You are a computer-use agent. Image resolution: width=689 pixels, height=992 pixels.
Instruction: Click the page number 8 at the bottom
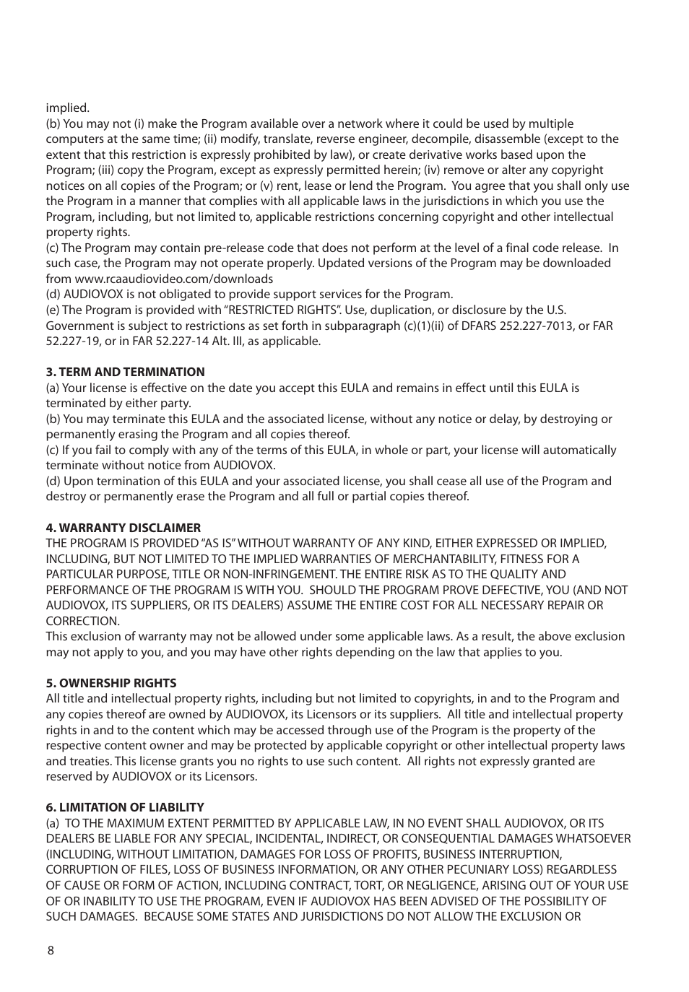point(51,950)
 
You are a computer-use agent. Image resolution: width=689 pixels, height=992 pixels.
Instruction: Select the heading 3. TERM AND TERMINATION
point(125,372)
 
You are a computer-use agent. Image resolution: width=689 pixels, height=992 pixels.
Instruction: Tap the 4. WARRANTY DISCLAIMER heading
point(123,528)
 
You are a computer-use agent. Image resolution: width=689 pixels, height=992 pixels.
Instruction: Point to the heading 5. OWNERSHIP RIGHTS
point(111,683)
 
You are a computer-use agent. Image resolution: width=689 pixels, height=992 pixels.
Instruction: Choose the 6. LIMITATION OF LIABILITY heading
point(125,807)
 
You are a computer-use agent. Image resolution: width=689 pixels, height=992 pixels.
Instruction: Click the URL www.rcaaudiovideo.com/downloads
point(173,279)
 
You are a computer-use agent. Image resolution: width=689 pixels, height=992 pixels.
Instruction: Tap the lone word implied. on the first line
point(68,108)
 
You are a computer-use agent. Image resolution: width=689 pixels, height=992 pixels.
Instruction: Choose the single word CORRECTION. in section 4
point(83,621)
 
